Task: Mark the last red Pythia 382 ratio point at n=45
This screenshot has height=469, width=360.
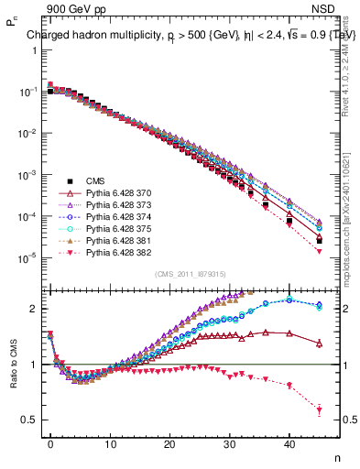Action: (x=319, y=410)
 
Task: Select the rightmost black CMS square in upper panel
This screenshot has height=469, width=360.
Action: (x=319, y=241)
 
